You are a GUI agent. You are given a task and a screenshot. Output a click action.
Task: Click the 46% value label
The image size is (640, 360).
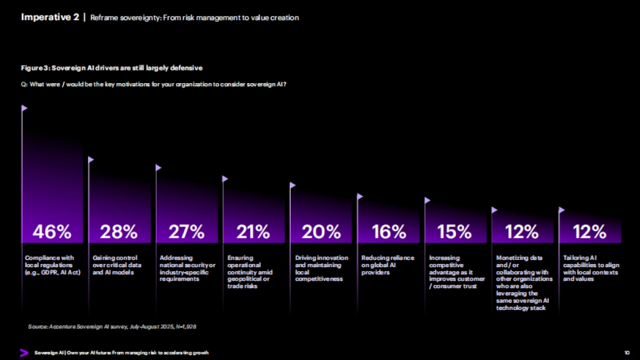coord(52,231)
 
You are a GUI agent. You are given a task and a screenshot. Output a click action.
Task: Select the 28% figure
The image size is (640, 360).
coord(118,231)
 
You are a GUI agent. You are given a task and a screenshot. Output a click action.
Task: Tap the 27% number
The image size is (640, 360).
coord(186,231)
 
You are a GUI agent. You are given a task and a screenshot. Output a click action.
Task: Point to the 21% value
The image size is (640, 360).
coord(253,231)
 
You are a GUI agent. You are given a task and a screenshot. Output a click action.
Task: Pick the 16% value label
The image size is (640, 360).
coord(389,231)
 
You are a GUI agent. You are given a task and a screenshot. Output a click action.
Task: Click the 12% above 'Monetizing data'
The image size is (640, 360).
coord(522,231)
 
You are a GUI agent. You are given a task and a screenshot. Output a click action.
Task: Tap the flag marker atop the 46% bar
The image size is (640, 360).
coord(25,108)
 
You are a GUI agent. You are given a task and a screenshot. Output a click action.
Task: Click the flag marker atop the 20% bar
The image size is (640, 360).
coord(293,185)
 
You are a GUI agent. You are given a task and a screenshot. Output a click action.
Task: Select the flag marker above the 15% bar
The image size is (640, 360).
coord(427,201)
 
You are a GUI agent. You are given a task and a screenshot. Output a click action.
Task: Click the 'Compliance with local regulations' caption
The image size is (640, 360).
coord(52,266)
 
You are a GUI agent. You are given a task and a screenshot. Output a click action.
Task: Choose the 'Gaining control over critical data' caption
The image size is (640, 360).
coord(115,265)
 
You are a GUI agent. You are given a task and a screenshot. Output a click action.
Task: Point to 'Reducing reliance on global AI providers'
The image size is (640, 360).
coord(388,265)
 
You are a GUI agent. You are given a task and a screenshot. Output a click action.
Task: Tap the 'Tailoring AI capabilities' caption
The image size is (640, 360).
coord(590,268)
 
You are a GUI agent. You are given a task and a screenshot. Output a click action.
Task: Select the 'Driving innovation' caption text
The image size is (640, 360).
coord(322,268)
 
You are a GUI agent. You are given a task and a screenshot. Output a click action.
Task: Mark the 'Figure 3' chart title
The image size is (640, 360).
coord(111,68)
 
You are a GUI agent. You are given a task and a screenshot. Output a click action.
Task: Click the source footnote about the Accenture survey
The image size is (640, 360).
coord(112,326)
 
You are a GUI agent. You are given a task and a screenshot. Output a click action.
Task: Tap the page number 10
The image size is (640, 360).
coord(627,353)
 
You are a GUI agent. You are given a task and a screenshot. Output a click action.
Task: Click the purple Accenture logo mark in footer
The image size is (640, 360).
coord(24,353)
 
